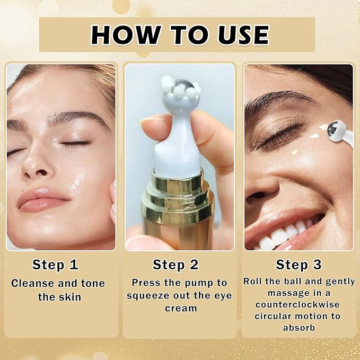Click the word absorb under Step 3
tap(298, 328)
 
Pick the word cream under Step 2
tap(179, 308)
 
